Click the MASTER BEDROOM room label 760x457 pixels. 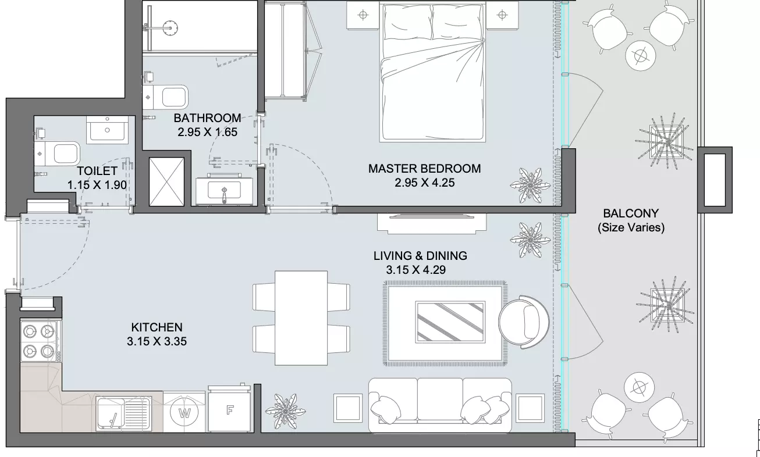click(424, 169)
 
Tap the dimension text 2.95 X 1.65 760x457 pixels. click(207, 132)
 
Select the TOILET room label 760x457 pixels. click(97, 171)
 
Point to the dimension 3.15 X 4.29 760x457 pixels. click(415, 270)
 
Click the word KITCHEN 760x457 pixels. click(157, 327)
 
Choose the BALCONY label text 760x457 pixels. click(631, 213)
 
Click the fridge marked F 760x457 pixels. click(229, 409)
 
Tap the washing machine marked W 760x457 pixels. click(184, 413)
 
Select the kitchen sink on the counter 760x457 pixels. click(123, 413)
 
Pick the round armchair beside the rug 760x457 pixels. click(524, 322)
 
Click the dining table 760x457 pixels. click(301, 318)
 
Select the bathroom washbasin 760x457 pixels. click(224, 190)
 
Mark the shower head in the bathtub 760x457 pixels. click(170, 27)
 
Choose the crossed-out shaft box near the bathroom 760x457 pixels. click(166, 181)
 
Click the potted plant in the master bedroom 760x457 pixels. click(530, 185)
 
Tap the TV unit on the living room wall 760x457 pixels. click(432, 223)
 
